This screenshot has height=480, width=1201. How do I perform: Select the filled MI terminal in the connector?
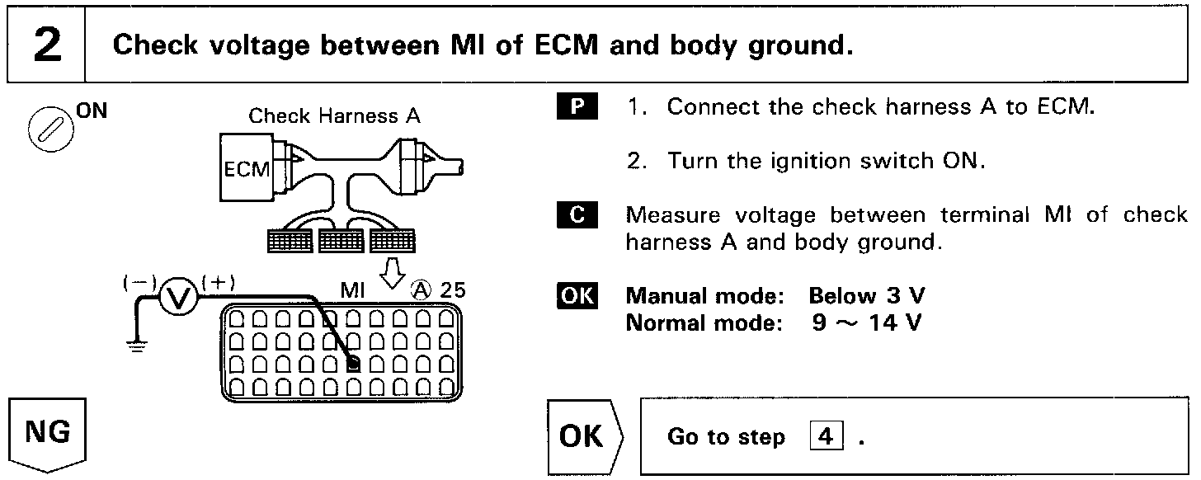coord(352,364)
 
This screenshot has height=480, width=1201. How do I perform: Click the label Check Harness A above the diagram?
coord(334,116)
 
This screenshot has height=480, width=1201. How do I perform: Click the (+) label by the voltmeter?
coord(218,281)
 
